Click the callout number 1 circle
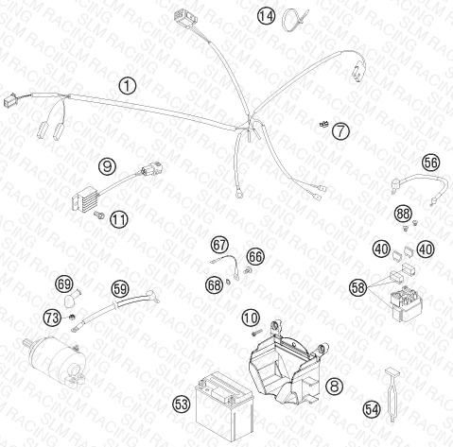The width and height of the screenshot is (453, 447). pos(128,86)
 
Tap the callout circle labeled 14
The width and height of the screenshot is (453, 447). pos(266,16)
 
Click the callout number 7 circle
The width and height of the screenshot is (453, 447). pos(340,130)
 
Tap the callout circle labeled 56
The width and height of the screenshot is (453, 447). pos(431,163)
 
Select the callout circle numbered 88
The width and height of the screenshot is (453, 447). pos(403,214)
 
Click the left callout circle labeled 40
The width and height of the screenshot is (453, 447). pos(381,249)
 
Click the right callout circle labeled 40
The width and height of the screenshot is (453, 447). pos(426,249)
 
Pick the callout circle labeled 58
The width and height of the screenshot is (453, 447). pos(358,287)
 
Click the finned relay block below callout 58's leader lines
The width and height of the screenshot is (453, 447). pos(406,304)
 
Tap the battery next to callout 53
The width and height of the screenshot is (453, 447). pos(224,406)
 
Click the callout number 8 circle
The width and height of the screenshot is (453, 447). pos(334,386)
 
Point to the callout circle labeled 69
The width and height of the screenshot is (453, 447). pos(64,284)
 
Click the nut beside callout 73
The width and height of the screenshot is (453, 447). pos(72,317)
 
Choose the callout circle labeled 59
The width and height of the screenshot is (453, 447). pos(120,289)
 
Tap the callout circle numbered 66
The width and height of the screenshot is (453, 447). pos(255,257)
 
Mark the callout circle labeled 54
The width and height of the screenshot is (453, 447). pos(372,410)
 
